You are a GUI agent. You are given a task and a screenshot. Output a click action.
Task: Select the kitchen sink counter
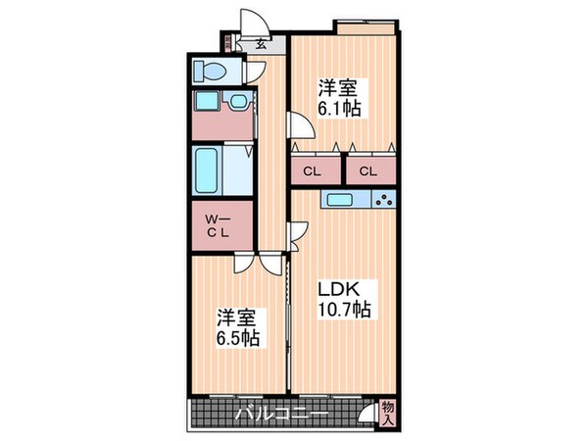click(345, 200)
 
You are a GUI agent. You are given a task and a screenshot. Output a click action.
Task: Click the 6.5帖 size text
click(237, 338)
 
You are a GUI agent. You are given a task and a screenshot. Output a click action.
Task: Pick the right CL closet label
click(367, 171)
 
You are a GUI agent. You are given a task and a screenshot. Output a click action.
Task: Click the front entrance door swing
click(252, 22)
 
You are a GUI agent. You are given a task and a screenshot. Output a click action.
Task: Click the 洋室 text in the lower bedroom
click(237, 318)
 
